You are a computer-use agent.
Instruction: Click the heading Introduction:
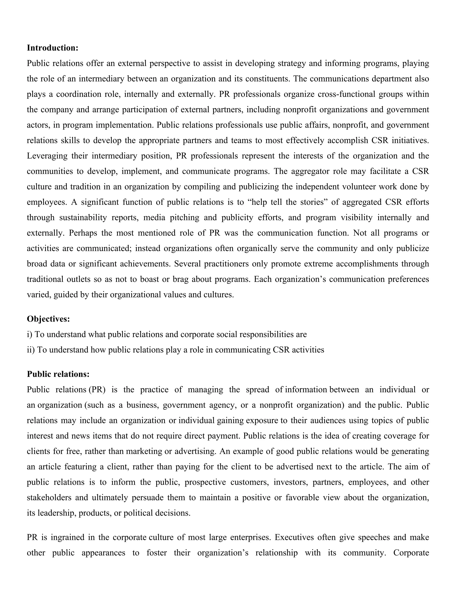click(52, 48)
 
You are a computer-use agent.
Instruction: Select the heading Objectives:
click(48, 319)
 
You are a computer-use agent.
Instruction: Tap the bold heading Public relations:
click(58, 374)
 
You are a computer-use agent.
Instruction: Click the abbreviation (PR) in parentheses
click(97, 390)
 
